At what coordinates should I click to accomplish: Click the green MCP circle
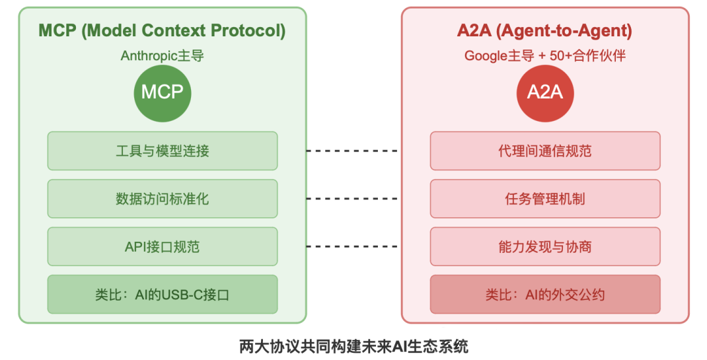162,92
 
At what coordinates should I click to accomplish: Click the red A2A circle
544,92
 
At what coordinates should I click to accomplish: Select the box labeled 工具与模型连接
162,151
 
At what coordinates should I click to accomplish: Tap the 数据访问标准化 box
162,198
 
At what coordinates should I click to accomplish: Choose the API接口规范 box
162,246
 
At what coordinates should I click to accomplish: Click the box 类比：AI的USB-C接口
162,295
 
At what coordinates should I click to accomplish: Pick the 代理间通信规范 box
544,151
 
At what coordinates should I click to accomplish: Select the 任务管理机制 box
544,198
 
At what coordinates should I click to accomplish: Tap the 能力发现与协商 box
544,246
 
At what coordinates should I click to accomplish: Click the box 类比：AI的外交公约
544,295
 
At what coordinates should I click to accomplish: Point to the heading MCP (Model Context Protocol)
162,30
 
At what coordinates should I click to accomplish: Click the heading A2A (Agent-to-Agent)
544,30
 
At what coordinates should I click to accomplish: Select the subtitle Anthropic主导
162,56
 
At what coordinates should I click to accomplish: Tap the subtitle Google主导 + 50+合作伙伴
544,56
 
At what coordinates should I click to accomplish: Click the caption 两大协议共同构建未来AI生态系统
353,346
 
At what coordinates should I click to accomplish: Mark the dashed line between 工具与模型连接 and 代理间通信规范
353,151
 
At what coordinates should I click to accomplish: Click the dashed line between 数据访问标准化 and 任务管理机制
353,198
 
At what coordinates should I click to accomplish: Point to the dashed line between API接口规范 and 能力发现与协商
353,246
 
